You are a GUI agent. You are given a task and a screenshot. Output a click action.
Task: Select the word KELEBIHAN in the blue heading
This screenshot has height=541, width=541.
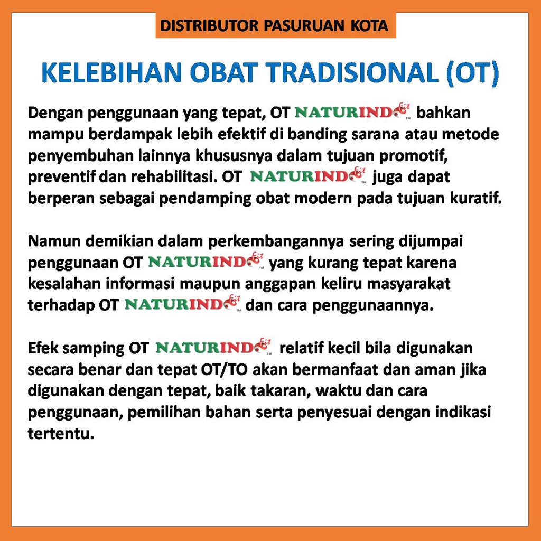[x=111, y=72]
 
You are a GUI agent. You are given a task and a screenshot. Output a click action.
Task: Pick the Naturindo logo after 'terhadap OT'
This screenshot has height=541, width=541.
[x=182, y=304]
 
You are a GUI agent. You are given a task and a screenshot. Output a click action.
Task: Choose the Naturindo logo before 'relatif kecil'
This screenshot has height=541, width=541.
[x=213, y=347]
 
